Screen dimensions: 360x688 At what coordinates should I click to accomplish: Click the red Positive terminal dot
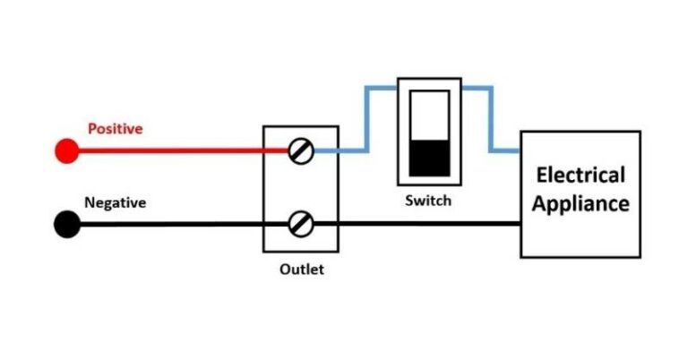click(66, 150)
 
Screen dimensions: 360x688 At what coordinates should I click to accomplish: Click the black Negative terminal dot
click(66, 225)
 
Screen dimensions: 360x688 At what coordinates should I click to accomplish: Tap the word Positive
click(115, 129)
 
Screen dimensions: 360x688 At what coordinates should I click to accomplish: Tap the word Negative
click(115, 202)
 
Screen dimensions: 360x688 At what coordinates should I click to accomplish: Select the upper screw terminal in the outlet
click(302, 150)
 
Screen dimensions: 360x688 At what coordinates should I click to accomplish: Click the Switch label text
click(428, 201)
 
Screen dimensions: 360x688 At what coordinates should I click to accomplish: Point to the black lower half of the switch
click(428, 158)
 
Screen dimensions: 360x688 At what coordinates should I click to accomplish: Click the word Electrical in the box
click(580, 174)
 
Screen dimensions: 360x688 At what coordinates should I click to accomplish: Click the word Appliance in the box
click(580, 203)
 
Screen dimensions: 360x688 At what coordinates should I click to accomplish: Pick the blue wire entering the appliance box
click(506, 150)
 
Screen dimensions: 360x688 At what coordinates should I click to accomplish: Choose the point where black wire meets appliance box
click(521, 225)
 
